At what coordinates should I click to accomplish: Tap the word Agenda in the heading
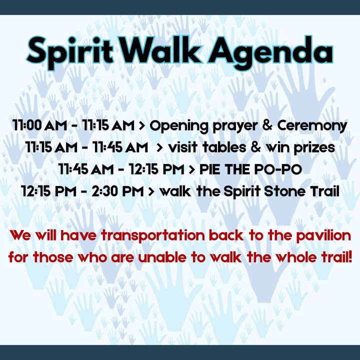[270, 53]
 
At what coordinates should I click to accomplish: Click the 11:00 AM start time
[39, 125]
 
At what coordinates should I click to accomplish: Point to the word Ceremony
[312, 126]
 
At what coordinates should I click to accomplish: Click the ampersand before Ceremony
[267, 125]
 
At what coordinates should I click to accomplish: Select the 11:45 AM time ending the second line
[120, 147]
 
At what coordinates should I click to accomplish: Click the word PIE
[210, 169]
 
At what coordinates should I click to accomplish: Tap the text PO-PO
[278, 169]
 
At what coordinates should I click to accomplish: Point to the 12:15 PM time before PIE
[156, 169]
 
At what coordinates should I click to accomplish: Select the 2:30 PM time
[117, 191]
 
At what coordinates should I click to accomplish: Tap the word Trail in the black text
[324, 191]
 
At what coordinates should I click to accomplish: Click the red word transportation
[153, 236]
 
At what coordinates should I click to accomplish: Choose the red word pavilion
[323, 236]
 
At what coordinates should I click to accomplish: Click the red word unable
[162, 257]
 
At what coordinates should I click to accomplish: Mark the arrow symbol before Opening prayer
[142, 125]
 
